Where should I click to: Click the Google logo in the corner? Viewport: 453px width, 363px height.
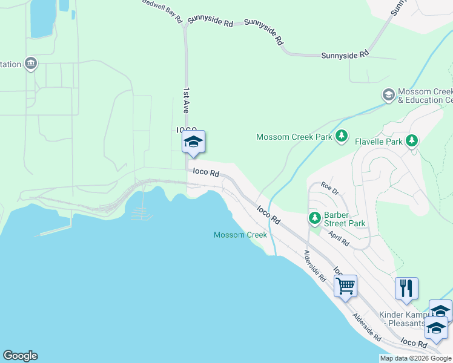point(20,356)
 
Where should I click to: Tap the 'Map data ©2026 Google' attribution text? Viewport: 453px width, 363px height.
point(415,358)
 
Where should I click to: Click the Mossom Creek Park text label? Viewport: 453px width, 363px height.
point(294,137)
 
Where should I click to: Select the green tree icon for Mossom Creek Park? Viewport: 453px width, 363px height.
point(342,136)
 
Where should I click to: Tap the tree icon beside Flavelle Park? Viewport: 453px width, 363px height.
point(412,141)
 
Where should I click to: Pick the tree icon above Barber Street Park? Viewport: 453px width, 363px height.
point(314,217)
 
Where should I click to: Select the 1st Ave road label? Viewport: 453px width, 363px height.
point(187,99)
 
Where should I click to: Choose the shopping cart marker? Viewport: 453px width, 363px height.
point(345,286)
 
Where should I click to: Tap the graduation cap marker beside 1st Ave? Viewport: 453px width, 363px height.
point(193,142)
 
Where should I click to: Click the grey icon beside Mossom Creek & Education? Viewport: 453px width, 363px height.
point(388,95)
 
